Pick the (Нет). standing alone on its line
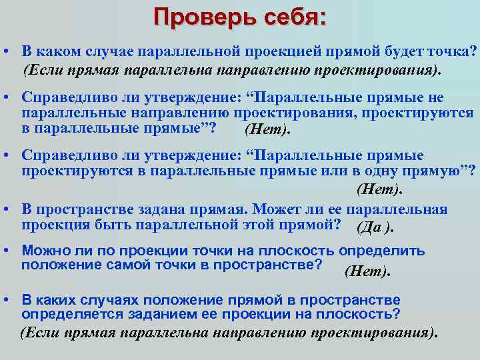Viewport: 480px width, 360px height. (x=380, y=189)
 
